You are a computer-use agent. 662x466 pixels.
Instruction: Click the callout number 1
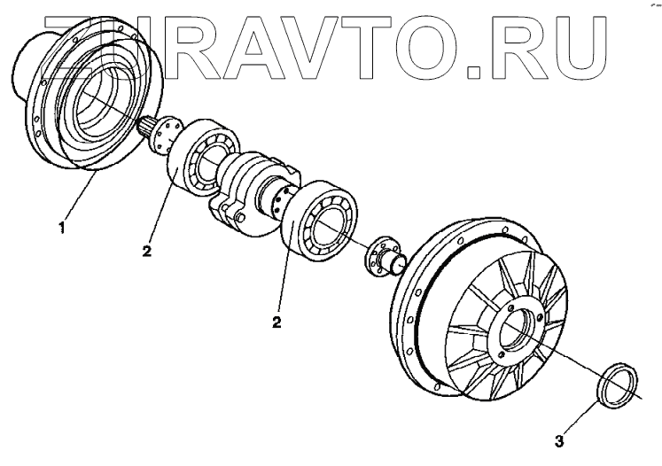pyautogui.click(x=61, y=228)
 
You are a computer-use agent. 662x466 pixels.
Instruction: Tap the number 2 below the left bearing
pyautogui.click(x=146, y=251)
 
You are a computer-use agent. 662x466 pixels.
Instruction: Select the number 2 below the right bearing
pyautogui.click(x=277, y=321)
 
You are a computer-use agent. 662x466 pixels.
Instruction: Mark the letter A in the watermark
pyautogui.click(x=225, y=43)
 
